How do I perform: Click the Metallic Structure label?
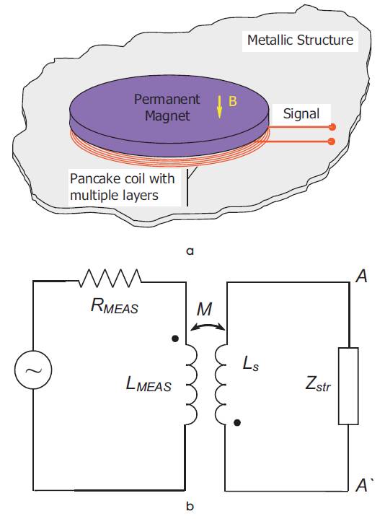click(x=300, y=40)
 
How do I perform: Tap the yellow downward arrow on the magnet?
click(x=219, y=107)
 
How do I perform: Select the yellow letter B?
click(x=233, y=101)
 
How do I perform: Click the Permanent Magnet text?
click(x=167, y=108)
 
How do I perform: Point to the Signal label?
click(x=301, y=113)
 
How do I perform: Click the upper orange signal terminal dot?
click(x=332, y=127)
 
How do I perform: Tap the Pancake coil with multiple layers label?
click(x=123, y=187)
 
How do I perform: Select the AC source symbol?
click(x=33, y=370)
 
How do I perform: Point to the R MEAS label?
click(x=114, y=306)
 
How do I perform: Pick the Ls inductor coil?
click(x=221, y=385)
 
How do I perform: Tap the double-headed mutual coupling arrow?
click(x=208, y=326)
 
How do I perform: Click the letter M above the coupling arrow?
click(x=204, y=309)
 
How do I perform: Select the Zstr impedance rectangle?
click(x=348, y=386)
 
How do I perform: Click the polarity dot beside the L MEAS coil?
click(x=175, y=339)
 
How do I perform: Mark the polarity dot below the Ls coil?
click(x=237, y=422)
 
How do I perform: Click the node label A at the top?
click(x=361, y=276)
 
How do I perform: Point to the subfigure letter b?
click(x=190, y=506)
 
